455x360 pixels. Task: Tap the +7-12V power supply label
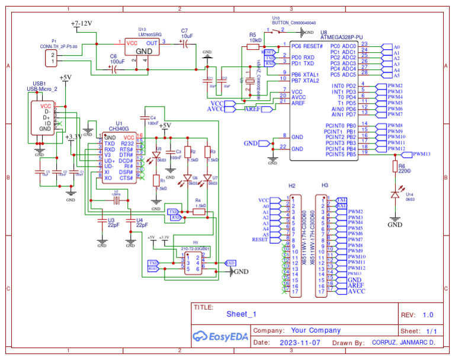pos(82,24)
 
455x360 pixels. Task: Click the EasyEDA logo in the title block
pos(220,336)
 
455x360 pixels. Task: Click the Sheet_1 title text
pos(241,314)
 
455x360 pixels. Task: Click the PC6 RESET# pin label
pos(307,46)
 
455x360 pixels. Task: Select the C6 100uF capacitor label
pos(117,59)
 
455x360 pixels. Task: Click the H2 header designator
pos(291,186)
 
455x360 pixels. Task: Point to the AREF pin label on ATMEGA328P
pos(298,102)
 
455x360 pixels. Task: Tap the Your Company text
pos(316,330)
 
